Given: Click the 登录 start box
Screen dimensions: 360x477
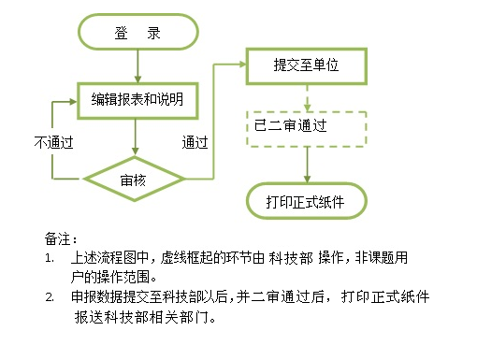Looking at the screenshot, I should [x=137, y=34].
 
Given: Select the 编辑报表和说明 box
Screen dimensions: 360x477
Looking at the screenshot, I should [x=137, y=98].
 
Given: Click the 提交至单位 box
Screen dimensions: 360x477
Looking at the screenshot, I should [x=306, y=66].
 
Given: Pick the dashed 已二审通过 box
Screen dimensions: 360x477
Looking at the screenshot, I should [x=306, y=124].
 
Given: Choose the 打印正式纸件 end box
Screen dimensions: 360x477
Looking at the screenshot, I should [x=306, y=201].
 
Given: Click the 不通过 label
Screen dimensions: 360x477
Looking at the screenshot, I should [x=54, y=143].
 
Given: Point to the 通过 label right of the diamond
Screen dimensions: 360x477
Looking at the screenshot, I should [x=195, y=143].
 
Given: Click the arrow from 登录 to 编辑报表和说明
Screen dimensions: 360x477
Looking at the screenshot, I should [x=137, y=65].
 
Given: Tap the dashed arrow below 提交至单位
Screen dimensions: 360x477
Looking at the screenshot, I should [x=306, y=96].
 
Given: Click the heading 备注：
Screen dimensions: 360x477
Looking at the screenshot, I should [x=61, y=238].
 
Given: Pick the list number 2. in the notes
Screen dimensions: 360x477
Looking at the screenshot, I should [x=50, y=297].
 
